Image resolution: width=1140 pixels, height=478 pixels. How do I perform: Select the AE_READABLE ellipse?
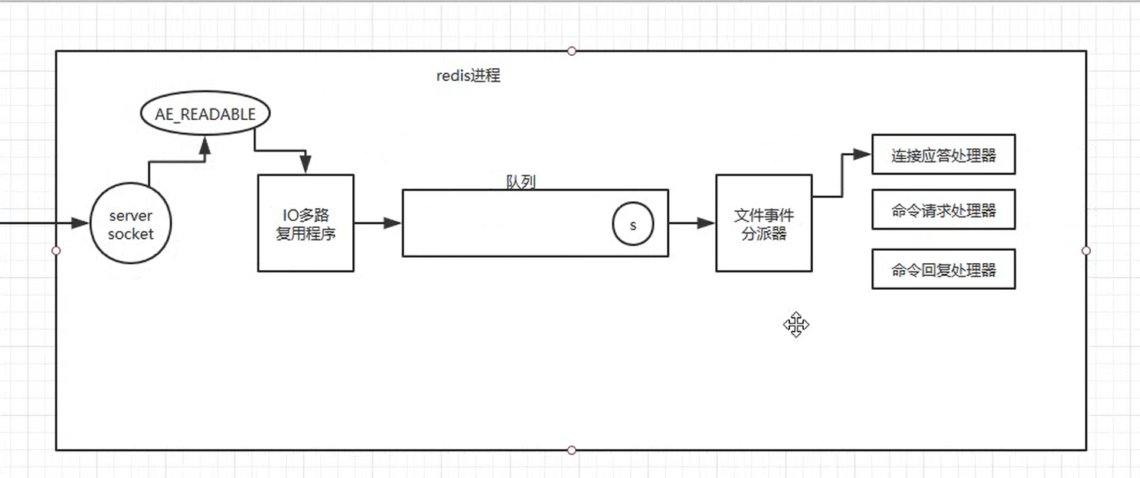(x=205, y=115)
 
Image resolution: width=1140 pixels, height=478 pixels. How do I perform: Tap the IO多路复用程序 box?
(x=305, y=223)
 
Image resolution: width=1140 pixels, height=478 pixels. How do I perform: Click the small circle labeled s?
(x=632, y=226)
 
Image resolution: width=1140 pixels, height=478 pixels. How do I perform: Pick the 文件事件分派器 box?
(x=763, y=223)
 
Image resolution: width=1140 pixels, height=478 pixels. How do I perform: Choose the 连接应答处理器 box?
(x=943, y=155)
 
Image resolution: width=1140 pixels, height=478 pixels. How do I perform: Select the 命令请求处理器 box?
(x=943, y=210)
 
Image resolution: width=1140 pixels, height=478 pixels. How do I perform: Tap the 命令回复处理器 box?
(x=943, y=269)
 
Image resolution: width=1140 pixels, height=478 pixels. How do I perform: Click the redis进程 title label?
(x=469, y=76)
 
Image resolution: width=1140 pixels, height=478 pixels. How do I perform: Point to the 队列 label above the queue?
(x=521, y=182)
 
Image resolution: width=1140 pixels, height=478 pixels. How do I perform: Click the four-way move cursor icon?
(x=796, y=325)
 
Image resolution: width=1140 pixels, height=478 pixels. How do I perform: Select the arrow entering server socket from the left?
(x=46, y=223)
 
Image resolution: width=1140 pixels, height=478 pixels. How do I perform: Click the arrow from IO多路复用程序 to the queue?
(x=378, y=223)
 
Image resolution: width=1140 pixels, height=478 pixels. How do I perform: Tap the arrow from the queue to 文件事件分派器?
(x=692, y=223)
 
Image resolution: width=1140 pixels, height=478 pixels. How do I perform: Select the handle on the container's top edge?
(x=571, y=50)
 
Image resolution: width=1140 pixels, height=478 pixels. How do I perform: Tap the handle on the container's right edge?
(x=1086, y=250)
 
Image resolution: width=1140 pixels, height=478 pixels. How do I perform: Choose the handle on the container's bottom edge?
(x=571, y=450)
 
